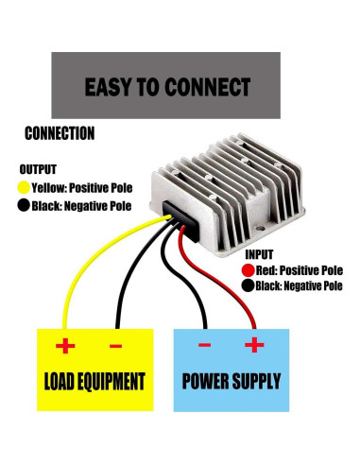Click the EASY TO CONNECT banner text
167,87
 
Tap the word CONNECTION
60,133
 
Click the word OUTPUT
38,170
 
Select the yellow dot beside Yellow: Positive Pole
24,187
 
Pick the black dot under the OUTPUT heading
24,205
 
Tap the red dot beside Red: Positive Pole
248,270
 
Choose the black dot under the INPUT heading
248,286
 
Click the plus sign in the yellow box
65,346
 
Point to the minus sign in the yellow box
115,346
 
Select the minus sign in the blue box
204,346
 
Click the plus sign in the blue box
253,346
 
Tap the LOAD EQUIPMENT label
94,382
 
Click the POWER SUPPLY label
231,382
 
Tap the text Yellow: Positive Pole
81,187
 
